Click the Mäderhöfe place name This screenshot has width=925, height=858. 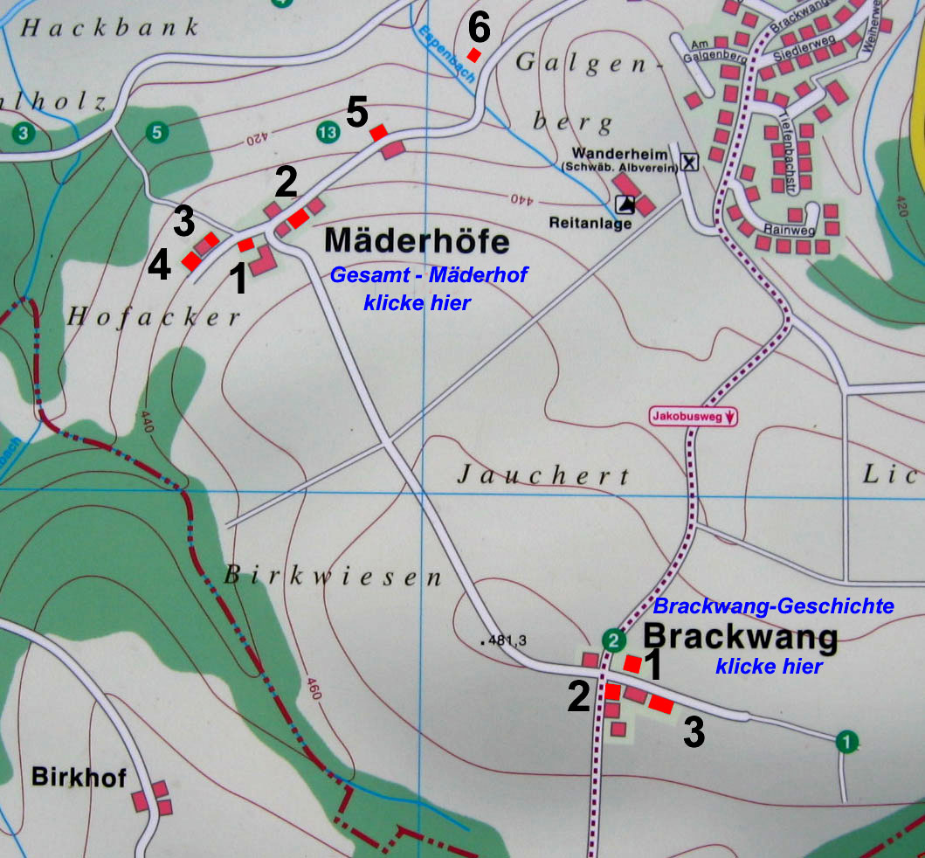click(417, 241)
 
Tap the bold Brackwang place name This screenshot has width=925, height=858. click(741, 636)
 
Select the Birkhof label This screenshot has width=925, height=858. click(79, 777)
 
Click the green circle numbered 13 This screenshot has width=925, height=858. click(328, 133)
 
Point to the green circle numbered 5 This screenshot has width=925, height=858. click(155, 133)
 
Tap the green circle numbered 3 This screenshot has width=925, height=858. click(24, 134)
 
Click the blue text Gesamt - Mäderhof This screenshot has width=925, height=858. click(428, 276)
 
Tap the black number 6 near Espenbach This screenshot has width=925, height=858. click(479, 28)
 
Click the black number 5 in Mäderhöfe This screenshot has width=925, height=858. click(357, 113)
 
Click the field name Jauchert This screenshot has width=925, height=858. click(543, 475)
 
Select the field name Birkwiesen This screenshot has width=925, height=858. click(334, 576)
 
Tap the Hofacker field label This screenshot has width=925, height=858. click(154, 317)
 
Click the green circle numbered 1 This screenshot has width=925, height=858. click(845, 742)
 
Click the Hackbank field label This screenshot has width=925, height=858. click(110, 27)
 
